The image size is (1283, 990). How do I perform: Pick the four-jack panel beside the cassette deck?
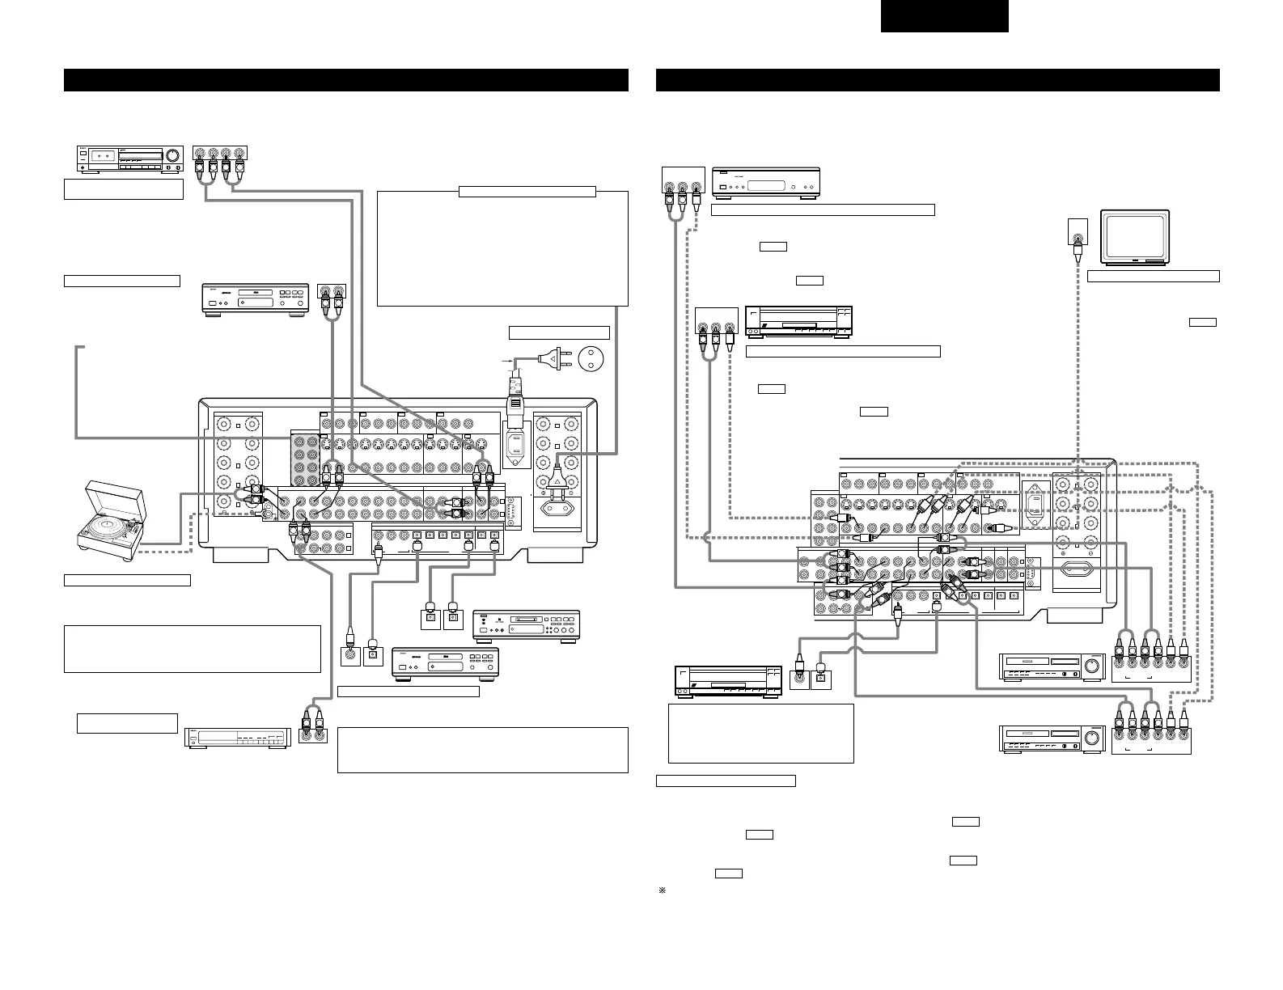221,160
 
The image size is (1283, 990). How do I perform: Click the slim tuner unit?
235,738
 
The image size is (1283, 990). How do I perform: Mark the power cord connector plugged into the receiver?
514,404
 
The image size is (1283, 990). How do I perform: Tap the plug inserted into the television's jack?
1077,249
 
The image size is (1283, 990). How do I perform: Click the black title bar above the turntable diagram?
346,80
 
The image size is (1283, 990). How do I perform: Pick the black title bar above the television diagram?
937,80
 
